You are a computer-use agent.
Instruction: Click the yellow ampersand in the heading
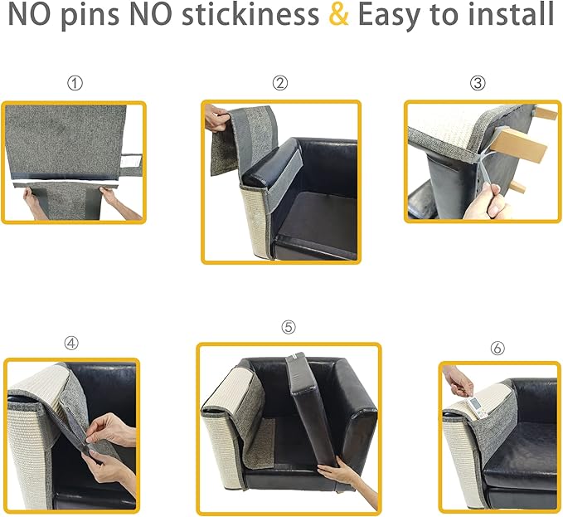point(338,14)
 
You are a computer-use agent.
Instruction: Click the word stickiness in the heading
point(250,14)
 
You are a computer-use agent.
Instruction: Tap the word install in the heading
point(512,14)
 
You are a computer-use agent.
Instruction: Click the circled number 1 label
point(75,83)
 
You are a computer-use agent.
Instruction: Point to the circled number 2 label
point(280,83)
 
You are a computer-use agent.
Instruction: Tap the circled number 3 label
point(478,83)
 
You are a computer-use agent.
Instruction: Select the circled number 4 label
point(71,343)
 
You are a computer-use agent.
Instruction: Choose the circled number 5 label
point(289,327)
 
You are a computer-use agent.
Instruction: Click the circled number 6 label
point(497,348)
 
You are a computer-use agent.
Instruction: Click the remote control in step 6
point(478,407)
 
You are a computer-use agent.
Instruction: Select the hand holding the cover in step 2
point(216,119)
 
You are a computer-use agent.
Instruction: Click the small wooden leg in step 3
point(518,187)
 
